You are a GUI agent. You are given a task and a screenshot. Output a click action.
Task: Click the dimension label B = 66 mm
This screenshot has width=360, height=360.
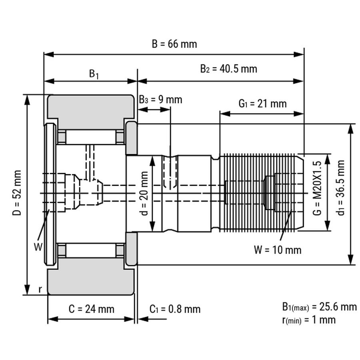point(174,44)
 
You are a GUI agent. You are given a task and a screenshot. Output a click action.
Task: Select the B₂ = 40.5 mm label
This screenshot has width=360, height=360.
point(228,69)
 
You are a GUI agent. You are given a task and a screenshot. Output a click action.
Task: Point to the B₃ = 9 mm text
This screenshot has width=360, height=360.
point(160,99)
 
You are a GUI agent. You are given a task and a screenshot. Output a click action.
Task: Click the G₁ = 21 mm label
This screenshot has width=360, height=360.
point(262,104)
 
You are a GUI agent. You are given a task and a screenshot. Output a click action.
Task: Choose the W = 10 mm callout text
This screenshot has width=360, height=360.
point(277,250)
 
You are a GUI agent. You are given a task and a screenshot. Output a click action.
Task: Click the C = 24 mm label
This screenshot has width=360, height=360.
point(91,309)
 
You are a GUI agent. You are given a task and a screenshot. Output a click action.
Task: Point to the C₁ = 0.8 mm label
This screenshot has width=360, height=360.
point(175,309)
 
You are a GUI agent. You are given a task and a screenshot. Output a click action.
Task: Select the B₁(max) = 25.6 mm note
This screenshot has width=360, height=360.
point(319,307)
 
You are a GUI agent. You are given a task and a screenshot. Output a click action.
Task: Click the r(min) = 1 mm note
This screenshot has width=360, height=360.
point(309,320)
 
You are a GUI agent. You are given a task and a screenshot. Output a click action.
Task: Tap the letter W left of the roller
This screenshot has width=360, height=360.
point(37,247)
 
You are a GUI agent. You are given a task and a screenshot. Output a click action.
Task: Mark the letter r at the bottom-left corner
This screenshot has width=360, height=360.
point(40,289)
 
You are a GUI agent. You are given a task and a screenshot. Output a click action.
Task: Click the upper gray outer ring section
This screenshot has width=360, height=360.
point(90,106)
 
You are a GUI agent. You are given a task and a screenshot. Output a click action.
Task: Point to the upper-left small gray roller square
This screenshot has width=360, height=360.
point(62,137)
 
